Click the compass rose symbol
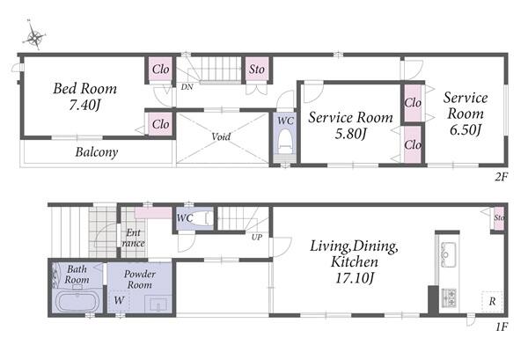(x=34, y=36)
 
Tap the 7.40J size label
(x=84, y=106)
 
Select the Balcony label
(x=97, y=152)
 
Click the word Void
(x=221, y=136)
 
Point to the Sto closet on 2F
(x=257, y=69)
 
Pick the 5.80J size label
(x=350, y=134)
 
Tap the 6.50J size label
(x=465, y=129)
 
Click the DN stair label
(x=187, y=87)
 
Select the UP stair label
(x=257, y=237)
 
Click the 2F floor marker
(x=501, y=176)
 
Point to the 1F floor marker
(x=502, y=327)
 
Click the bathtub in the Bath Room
(x=77, y=301)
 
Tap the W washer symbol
(x=119, y=300)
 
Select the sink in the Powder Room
(x=158, y=305)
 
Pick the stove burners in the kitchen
(x=449, y=298)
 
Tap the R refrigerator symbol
(x=492, y=301)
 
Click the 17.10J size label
(x=355, y=278)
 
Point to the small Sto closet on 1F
(x=499, y=218)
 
